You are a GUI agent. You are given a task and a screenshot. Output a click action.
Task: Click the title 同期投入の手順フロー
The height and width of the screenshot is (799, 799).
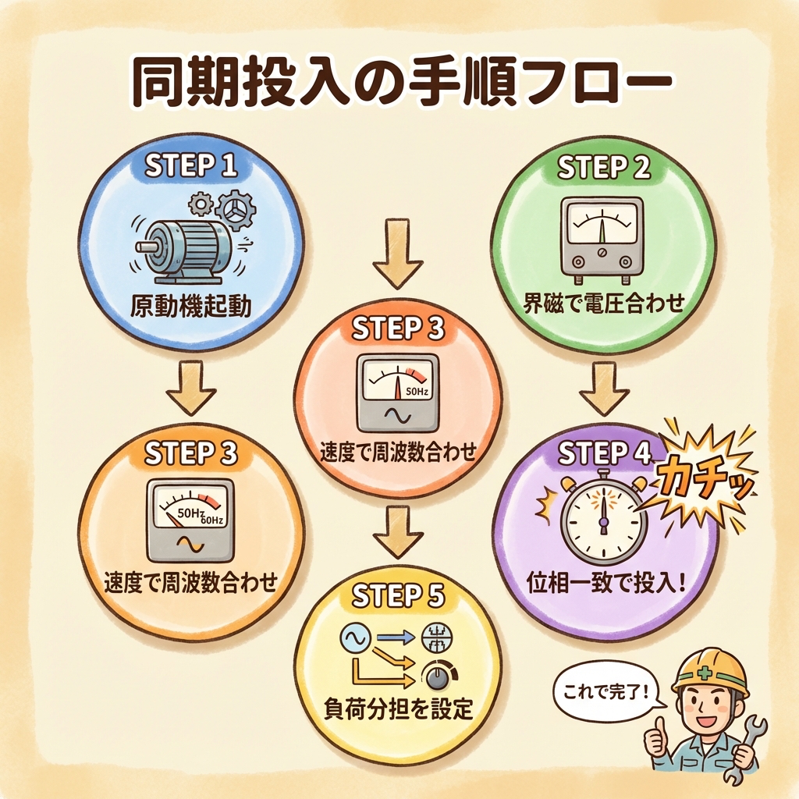point(399,80)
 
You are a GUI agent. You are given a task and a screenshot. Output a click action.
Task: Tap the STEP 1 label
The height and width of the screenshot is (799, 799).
point(190,165)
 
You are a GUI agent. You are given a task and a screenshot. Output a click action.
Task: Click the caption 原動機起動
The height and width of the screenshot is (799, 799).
point(191,306)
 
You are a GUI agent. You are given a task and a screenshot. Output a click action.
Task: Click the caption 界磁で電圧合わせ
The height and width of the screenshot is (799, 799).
point(604,303)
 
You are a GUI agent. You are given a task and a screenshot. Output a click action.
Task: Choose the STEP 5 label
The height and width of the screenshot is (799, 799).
point(398,595)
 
